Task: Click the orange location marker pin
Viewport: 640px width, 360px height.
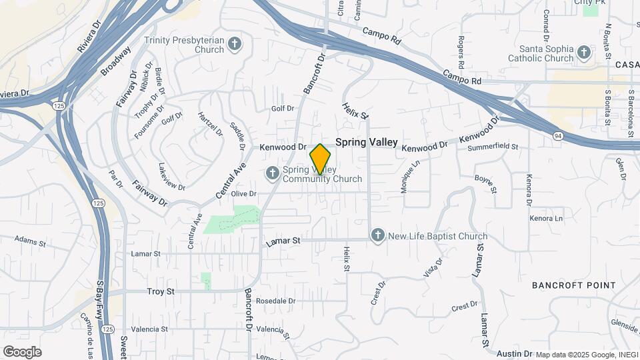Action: (321, 159)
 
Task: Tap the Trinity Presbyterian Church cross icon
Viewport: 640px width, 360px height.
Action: (234, 45)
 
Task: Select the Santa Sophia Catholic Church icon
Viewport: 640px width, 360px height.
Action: (584, 53)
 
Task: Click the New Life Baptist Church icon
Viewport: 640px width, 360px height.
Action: (378, 235)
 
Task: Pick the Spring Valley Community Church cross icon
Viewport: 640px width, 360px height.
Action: (272, 174)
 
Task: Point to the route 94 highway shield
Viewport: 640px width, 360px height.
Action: (557, 136)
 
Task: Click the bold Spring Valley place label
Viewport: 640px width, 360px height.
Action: (366, 142)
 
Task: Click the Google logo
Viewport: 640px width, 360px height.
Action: (22, 352)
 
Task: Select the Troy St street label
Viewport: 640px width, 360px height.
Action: (161, 291)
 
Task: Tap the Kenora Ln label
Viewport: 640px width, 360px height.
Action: (546, 218)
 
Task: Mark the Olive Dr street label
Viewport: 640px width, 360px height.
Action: (243, 193)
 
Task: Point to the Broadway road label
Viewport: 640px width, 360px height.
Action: (115, 61)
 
